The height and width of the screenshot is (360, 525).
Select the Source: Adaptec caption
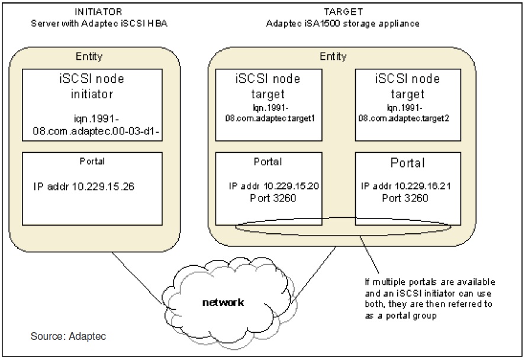(68, 336)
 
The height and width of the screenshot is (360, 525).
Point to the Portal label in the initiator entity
(92, 160)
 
